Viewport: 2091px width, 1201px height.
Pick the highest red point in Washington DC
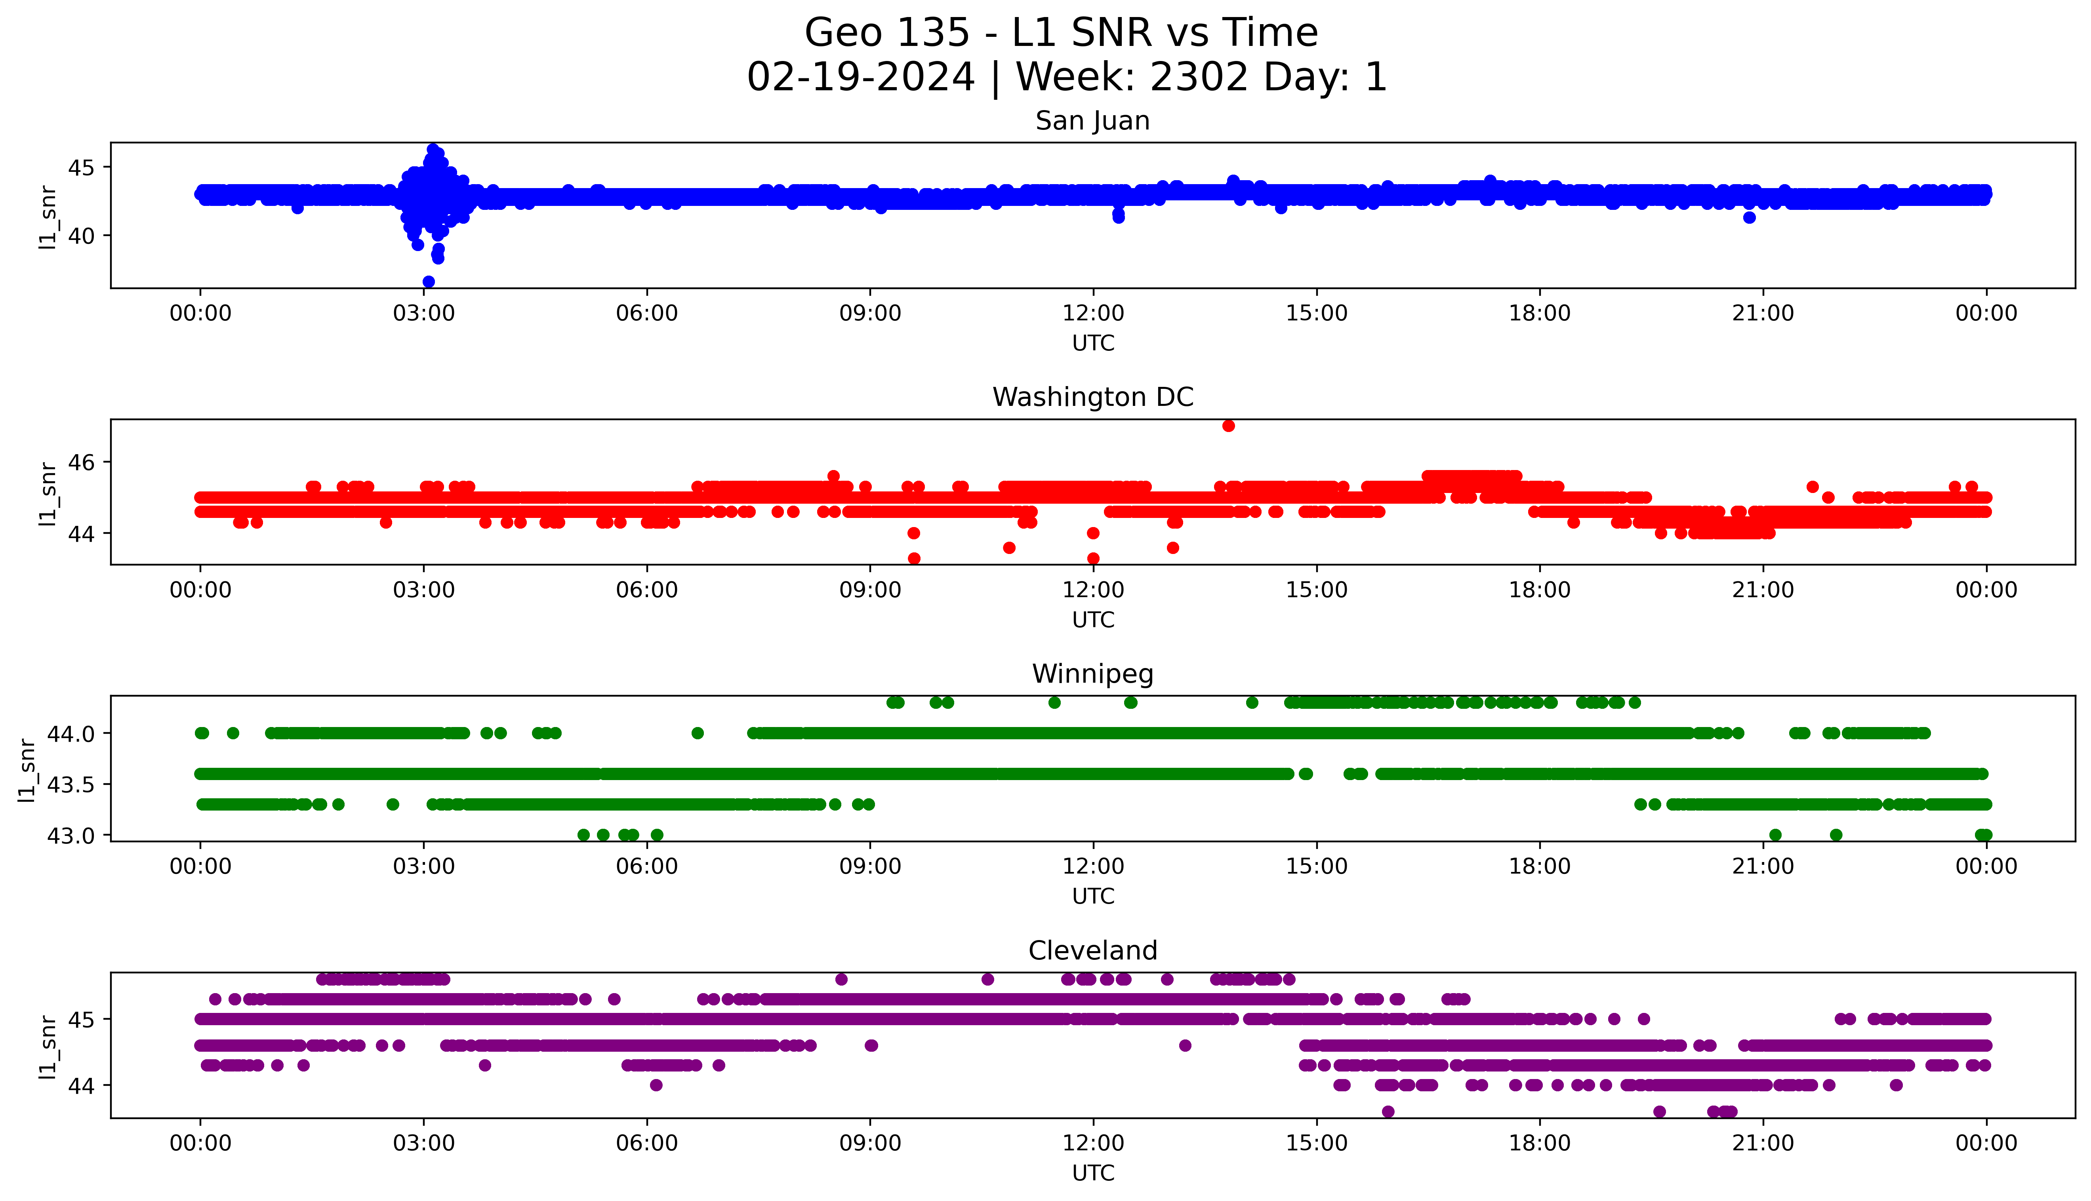click(1228, 426)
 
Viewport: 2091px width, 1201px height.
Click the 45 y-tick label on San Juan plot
click(82, 167)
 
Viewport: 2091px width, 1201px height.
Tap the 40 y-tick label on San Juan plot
click(82, 236)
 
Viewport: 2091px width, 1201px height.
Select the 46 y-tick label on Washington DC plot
click(82, 463)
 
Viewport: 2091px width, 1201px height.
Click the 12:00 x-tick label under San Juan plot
click(1093, 314)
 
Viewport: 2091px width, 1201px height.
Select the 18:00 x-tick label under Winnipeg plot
click(1539, 867)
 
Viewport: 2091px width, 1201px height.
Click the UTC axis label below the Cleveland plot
click(1093, 1173)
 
